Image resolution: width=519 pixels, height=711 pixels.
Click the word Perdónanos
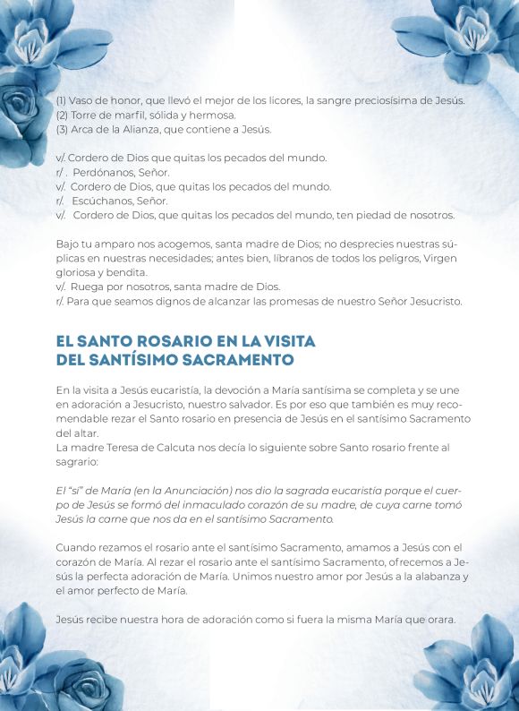tap(106, 172)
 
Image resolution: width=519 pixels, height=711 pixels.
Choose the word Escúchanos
tap(105, 201)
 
